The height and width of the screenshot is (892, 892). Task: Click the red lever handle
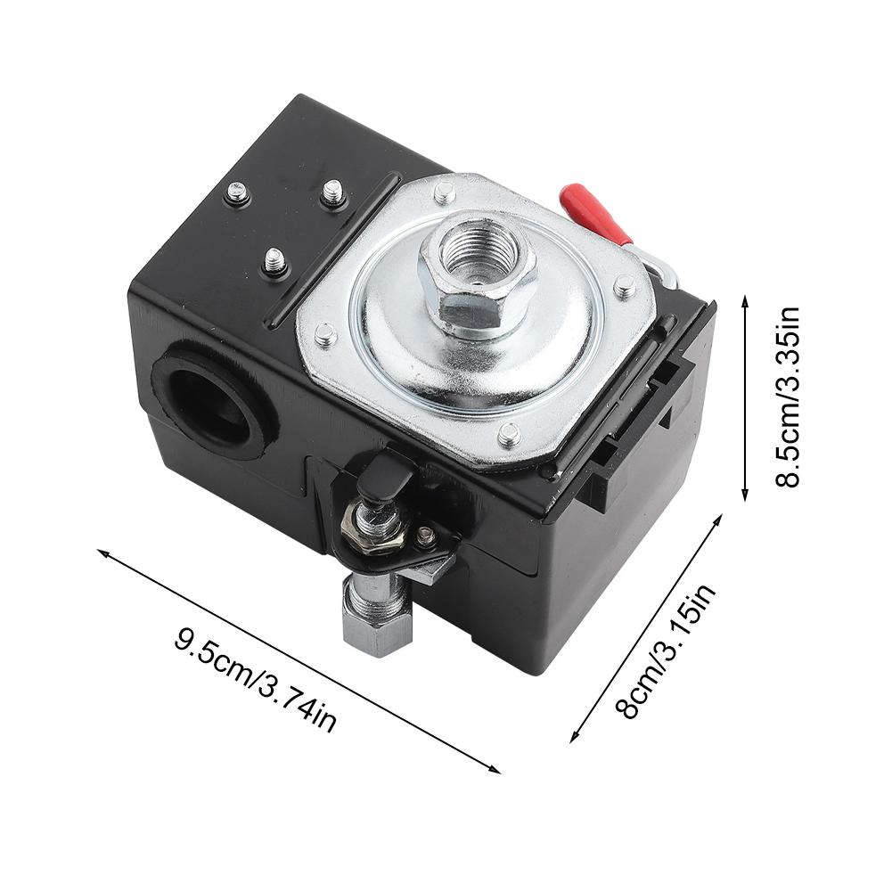point(591,211)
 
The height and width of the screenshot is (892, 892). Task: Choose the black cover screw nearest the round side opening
point(274,261)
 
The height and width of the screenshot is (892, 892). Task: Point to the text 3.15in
point(689,616)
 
